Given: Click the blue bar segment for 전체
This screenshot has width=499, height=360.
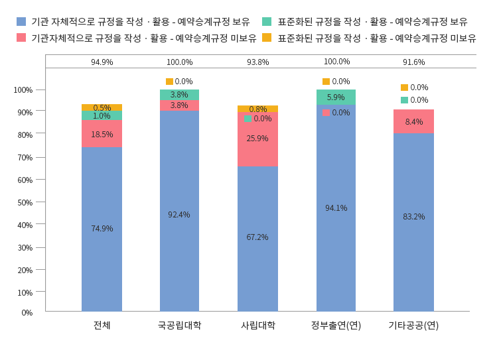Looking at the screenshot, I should pos(102,229).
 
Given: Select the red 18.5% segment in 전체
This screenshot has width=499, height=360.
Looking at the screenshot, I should pos(102,134).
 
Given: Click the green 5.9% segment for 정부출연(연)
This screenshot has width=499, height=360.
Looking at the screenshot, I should pos(336,97).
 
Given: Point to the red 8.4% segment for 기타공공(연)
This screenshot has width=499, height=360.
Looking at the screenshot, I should pos(413,122).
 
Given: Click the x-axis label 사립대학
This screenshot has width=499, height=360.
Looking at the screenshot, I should pos(257,326).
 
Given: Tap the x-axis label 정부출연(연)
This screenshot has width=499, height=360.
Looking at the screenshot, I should pos(336,326).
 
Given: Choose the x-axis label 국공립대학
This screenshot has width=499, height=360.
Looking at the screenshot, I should pos(179,326).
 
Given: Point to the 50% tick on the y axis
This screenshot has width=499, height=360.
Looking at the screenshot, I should pos(23,202).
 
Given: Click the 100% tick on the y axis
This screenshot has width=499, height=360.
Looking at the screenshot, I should pos(23,90).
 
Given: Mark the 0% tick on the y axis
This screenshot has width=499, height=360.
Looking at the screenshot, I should pos(27,312).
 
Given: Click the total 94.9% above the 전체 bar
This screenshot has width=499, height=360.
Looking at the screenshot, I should pos(102,62).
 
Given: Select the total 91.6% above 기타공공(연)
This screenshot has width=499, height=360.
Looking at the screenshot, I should pos(413,62).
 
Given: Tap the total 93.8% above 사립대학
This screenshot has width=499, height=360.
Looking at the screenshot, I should pos(257,62).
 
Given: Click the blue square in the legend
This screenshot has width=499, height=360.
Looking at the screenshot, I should pos(21,22).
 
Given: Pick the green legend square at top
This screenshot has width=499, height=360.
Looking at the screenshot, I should pos(267,22).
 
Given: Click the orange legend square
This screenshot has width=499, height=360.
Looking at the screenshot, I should pos(267,38).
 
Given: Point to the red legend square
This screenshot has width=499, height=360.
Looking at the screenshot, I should pos(21,38).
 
